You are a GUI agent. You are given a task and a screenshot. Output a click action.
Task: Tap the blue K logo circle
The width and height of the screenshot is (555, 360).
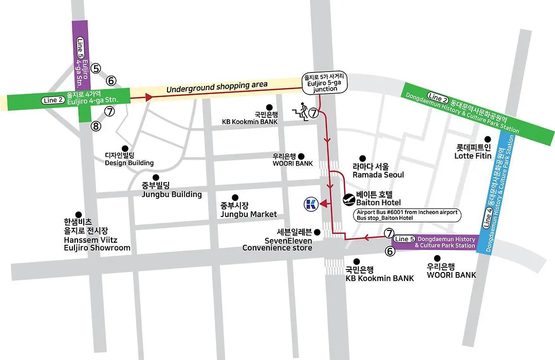311,204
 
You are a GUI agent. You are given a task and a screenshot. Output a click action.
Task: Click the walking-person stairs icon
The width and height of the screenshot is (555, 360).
301,112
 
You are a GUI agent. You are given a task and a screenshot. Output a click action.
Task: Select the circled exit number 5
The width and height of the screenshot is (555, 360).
96,68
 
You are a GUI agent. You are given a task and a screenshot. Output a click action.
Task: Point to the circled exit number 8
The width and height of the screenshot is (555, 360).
96,126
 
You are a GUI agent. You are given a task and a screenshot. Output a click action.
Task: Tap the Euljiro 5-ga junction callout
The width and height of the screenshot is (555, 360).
325,83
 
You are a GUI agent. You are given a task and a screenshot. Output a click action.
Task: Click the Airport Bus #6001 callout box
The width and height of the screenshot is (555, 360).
407,215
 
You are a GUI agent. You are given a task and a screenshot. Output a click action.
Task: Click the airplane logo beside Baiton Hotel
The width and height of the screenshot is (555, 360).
349,200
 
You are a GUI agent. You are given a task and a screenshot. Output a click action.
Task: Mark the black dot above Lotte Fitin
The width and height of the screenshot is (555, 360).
488,139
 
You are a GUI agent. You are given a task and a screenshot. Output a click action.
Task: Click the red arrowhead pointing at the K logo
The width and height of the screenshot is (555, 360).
324,204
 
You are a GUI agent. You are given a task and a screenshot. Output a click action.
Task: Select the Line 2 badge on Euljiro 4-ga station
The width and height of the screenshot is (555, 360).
53,100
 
